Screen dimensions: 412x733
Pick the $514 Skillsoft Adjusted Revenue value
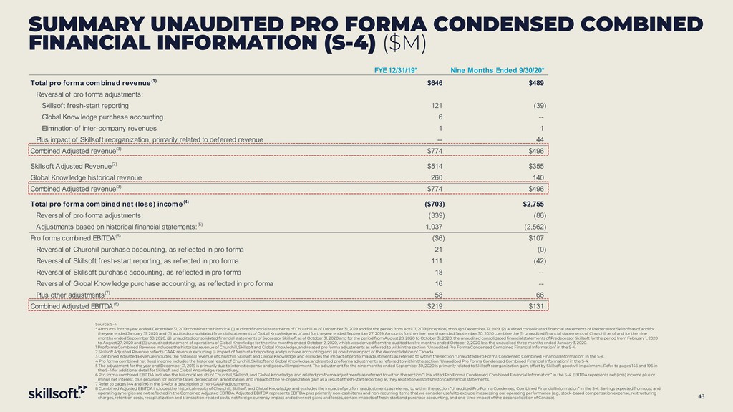pyautogui.click(x=435, y=165)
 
